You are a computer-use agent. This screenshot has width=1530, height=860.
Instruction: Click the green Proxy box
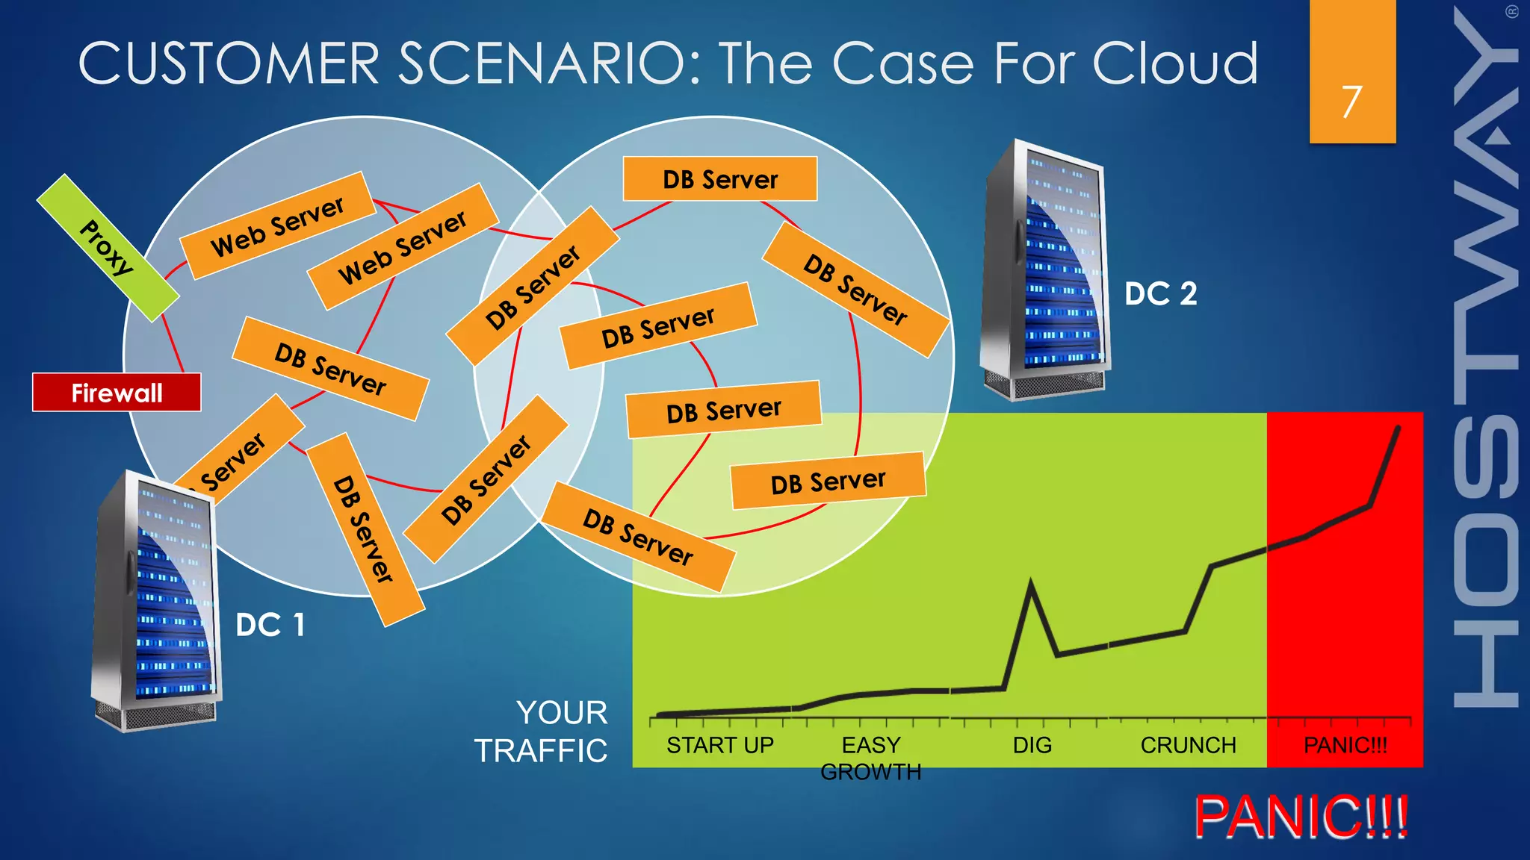point(108,248)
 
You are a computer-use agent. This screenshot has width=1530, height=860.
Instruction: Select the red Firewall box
point(117,393)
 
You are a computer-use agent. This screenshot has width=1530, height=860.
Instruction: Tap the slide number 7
point(1351,102)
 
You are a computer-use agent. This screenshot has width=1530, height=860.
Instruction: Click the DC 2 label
point(1160,293)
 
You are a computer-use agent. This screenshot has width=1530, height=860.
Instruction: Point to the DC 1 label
point(270,625)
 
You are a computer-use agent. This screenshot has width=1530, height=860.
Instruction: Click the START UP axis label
point(719,745)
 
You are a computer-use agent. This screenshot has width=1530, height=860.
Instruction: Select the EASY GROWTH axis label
point(871,758)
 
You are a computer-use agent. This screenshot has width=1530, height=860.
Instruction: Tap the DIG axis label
point(1032,745)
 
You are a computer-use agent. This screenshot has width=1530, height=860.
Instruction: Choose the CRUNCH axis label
point(1188,745)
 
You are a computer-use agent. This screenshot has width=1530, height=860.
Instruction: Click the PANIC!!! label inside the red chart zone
point(1345,745)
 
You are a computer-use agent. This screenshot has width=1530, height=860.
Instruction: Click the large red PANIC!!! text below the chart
point(1301,817)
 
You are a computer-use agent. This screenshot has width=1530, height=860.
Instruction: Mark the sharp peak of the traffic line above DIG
point(1031,582)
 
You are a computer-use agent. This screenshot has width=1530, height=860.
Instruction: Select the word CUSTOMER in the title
point(229,63)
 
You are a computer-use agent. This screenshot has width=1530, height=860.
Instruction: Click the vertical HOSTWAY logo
point(1486,358)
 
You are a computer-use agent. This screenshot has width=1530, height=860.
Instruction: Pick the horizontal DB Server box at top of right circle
point(719,179)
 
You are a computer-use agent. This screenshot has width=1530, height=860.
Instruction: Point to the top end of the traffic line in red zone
point(1398,428)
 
